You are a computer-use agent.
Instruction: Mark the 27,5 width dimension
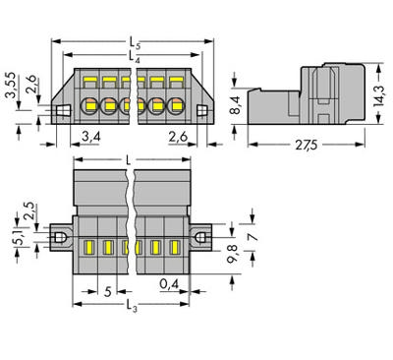click(x=308, y=149)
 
